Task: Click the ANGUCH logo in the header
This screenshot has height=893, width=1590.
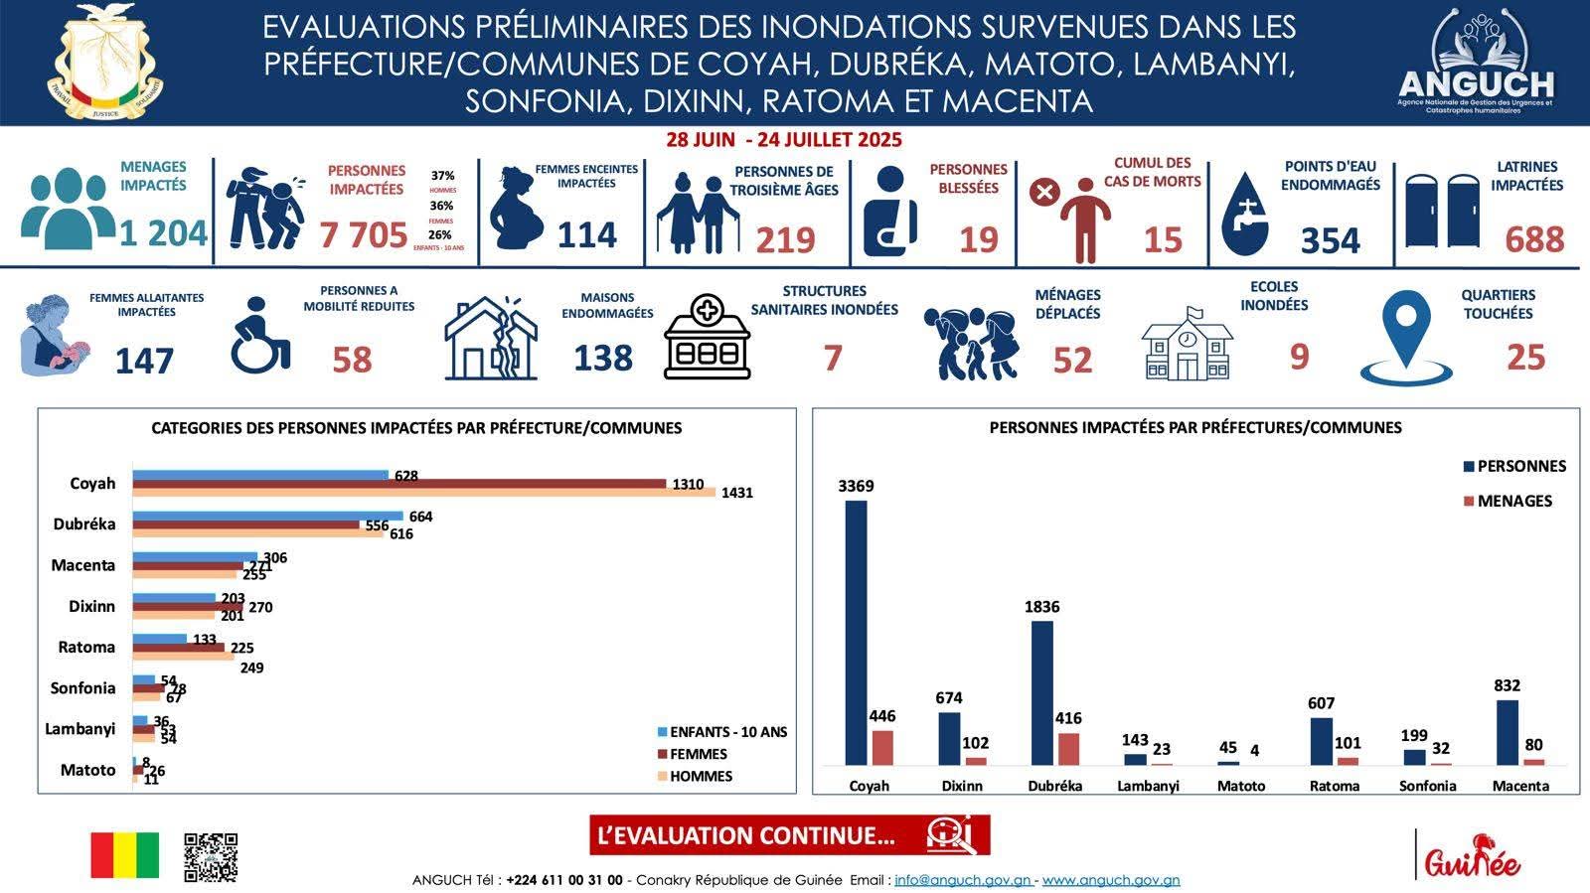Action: [x=1475, y=62]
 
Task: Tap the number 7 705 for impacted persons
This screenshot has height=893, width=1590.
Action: [x=364, y=235]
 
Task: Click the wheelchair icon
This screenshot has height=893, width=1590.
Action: [x=260, y=335]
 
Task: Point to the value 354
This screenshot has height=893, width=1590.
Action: [x=1330, y=239]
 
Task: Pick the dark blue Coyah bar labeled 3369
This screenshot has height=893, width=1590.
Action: [x=856, y=633]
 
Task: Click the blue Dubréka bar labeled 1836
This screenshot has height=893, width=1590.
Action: [x=1041, y=692]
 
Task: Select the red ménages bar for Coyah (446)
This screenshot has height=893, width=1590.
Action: [x=882, y=748]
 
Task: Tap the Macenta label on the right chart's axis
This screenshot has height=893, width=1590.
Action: [x=1520, y=786]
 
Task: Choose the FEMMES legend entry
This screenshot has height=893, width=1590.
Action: [x=698, y=754]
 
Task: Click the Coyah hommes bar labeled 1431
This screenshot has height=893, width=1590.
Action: [x=424, y=492]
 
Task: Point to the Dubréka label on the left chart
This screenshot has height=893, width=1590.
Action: [x=84, y=524]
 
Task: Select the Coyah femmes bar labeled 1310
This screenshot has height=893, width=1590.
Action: [x=399, y=484]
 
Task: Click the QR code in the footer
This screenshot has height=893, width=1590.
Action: [x=211, y=857]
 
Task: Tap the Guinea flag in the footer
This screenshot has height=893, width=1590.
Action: [x=124, y=855]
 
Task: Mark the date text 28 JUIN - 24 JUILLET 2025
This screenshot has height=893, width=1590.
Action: [x=784, y=140]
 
